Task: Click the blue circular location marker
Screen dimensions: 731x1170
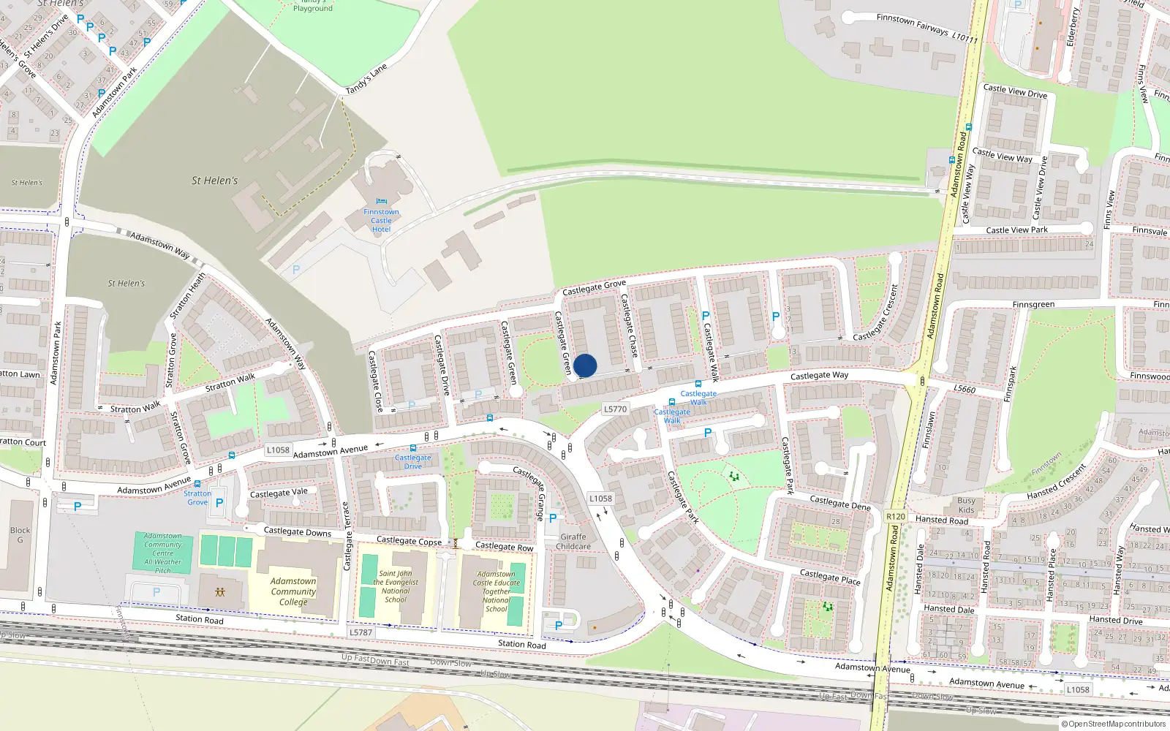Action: tap(585, 365)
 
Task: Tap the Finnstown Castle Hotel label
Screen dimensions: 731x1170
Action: tap(381, 220)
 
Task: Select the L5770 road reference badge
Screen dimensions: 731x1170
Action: tap(616, 409)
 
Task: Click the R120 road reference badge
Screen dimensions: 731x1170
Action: tap(896, 516)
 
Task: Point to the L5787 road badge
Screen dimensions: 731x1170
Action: tap(361, 632)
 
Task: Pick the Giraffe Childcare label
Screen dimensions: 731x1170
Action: tap(573, 542)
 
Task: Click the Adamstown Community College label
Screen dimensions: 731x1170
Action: tap(293, 591)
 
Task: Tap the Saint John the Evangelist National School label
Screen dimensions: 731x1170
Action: tap(396, 587)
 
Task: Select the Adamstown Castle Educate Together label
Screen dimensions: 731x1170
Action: tap(497, 591)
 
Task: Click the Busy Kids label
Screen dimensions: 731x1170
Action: tap(966, 505)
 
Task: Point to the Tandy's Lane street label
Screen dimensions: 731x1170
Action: tap(366, 79)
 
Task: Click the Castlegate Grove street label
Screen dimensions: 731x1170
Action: tap(594, 287)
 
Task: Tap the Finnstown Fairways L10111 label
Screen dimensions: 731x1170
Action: tap(926, 28)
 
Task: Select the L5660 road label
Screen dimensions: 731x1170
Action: tap(965, 389)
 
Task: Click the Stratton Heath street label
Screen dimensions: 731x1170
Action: tap(188, 296)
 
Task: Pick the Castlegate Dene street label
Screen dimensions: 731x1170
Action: tap(840, 502)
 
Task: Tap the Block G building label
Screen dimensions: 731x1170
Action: tap(20, 535)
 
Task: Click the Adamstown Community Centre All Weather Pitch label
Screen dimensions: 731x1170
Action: tap(163, 553)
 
